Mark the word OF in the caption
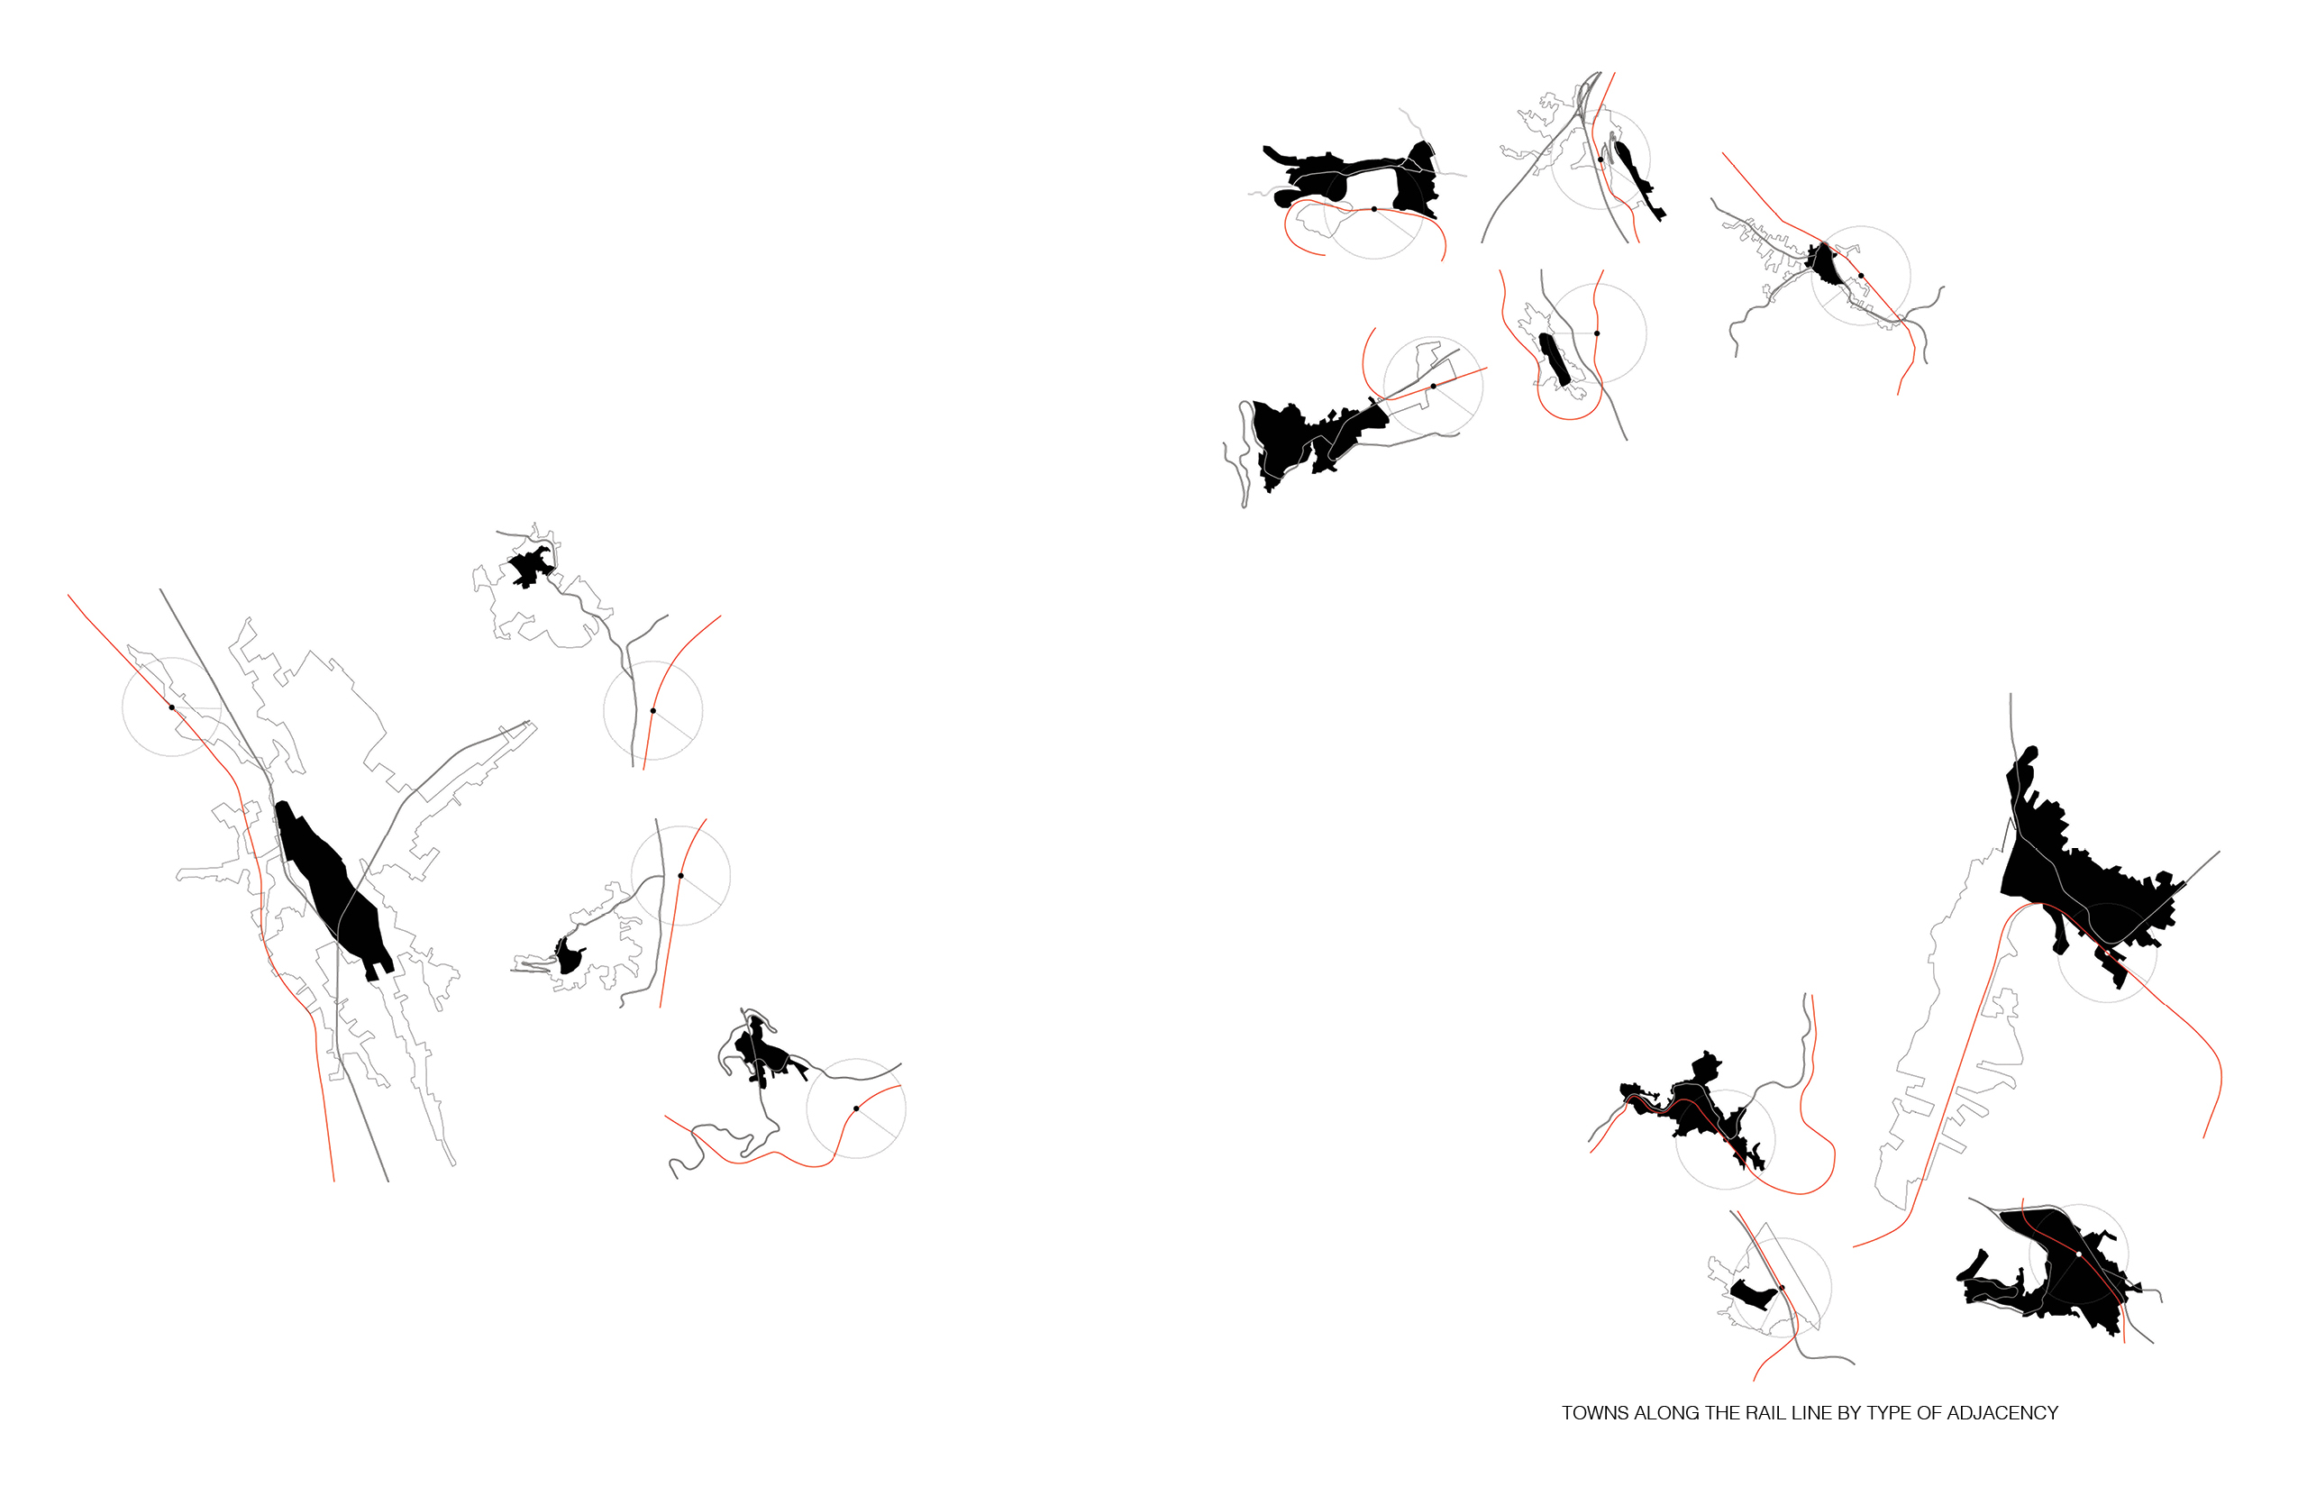pyautogui.click(x=1929, y=1413)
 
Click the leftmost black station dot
pyautogui.click(x=172, y=707)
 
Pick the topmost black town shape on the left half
pyautogui.click(x=530, y=567)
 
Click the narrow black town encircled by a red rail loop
pyautogui.click(x=1554, y=360)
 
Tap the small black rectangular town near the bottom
pyautogui.click(x=1753, y=1294)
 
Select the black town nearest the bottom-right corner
pyautogui.click(x=2056, y=1270)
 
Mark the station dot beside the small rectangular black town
pyautogui.click(x=1783, y=1288)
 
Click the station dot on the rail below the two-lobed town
pyautogui.click(x=1374, y=208)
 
